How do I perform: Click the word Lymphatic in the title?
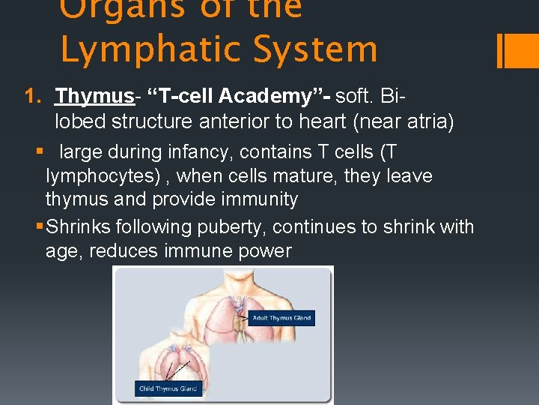[156, 49]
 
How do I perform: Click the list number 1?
[31, 97]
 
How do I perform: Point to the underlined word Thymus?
[94, 97]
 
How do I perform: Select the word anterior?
[228, 121]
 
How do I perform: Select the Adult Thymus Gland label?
[281, 318]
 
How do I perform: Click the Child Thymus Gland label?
[168, 388]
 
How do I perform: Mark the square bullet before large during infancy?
[40, 152]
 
